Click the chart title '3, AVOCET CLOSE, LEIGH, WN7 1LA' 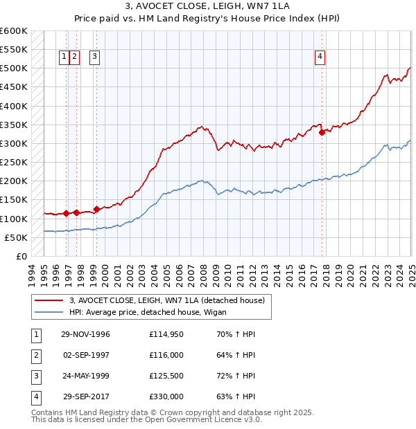click(x=207, y=8)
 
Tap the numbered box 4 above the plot click(x=320, y=57)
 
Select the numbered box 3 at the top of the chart click(x=94, y=57)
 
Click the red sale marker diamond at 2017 click(x=322, y=132)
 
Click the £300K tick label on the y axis click(x=14, y=143)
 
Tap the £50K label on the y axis click(x=17, y=237)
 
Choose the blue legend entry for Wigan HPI click(x=153, y=311)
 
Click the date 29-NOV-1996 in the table click(x=85, y=334)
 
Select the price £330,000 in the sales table click(x=166, y=396)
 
